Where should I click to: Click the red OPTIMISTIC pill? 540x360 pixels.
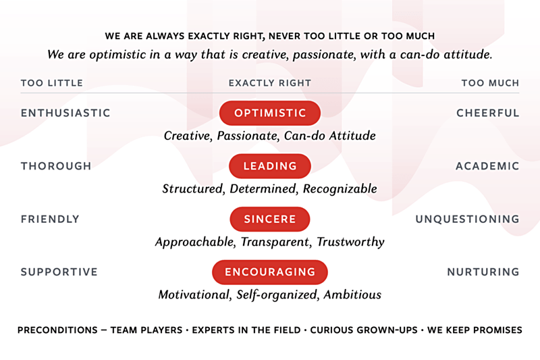click(x=270, y=113)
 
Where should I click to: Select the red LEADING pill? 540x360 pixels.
click(x=270, y=166)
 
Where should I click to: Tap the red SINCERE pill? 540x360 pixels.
click(x=270, y=219)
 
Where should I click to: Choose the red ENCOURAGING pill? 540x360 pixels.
click(x=270, y=272)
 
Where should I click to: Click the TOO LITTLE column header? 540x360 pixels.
click(x=52, y=83)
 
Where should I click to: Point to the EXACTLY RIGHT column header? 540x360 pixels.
click(x=270, y=83)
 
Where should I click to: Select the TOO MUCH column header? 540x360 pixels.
click(x=490, y=83)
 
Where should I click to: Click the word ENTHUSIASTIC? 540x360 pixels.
click(x=65, y=113)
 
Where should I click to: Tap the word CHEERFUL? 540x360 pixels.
click(x=487, y=113)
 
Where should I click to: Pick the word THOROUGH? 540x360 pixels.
click(x=56, y=166)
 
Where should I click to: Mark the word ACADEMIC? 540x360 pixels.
click(x=487, y=166)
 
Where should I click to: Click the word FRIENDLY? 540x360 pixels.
click(x=50, y=219)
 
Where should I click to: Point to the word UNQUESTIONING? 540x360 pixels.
click(x=467, y=219)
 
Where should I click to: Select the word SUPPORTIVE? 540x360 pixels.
click(x=59, y=272)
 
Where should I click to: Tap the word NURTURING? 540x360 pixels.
click(x=483, y=272)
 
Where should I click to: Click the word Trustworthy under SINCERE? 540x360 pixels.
click(x=350, y=242)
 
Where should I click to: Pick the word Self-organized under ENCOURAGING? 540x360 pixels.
click(x=277, y=295)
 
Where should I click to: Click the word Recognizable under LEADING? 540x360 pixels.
click(x=340, y=189)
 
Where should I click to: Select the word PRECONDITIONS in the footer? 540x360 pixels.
click(x=57, y=330)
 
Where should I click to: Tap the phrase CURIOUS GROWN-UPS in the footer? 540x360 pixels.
click(x=364, y=330)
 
